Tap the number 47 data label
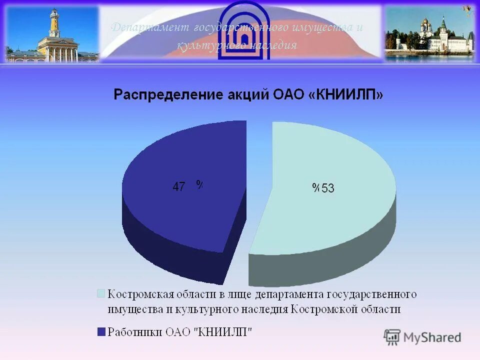(x=179, y=187)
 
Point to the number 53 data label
(x=328, y=188)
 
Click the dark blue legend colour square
(x=101, y=331)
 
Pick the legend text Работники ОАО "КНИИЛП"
(x=180, y=331)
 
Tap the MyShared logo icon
(x=392, y=337)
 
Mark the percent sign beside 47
(x=199, y=185)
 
